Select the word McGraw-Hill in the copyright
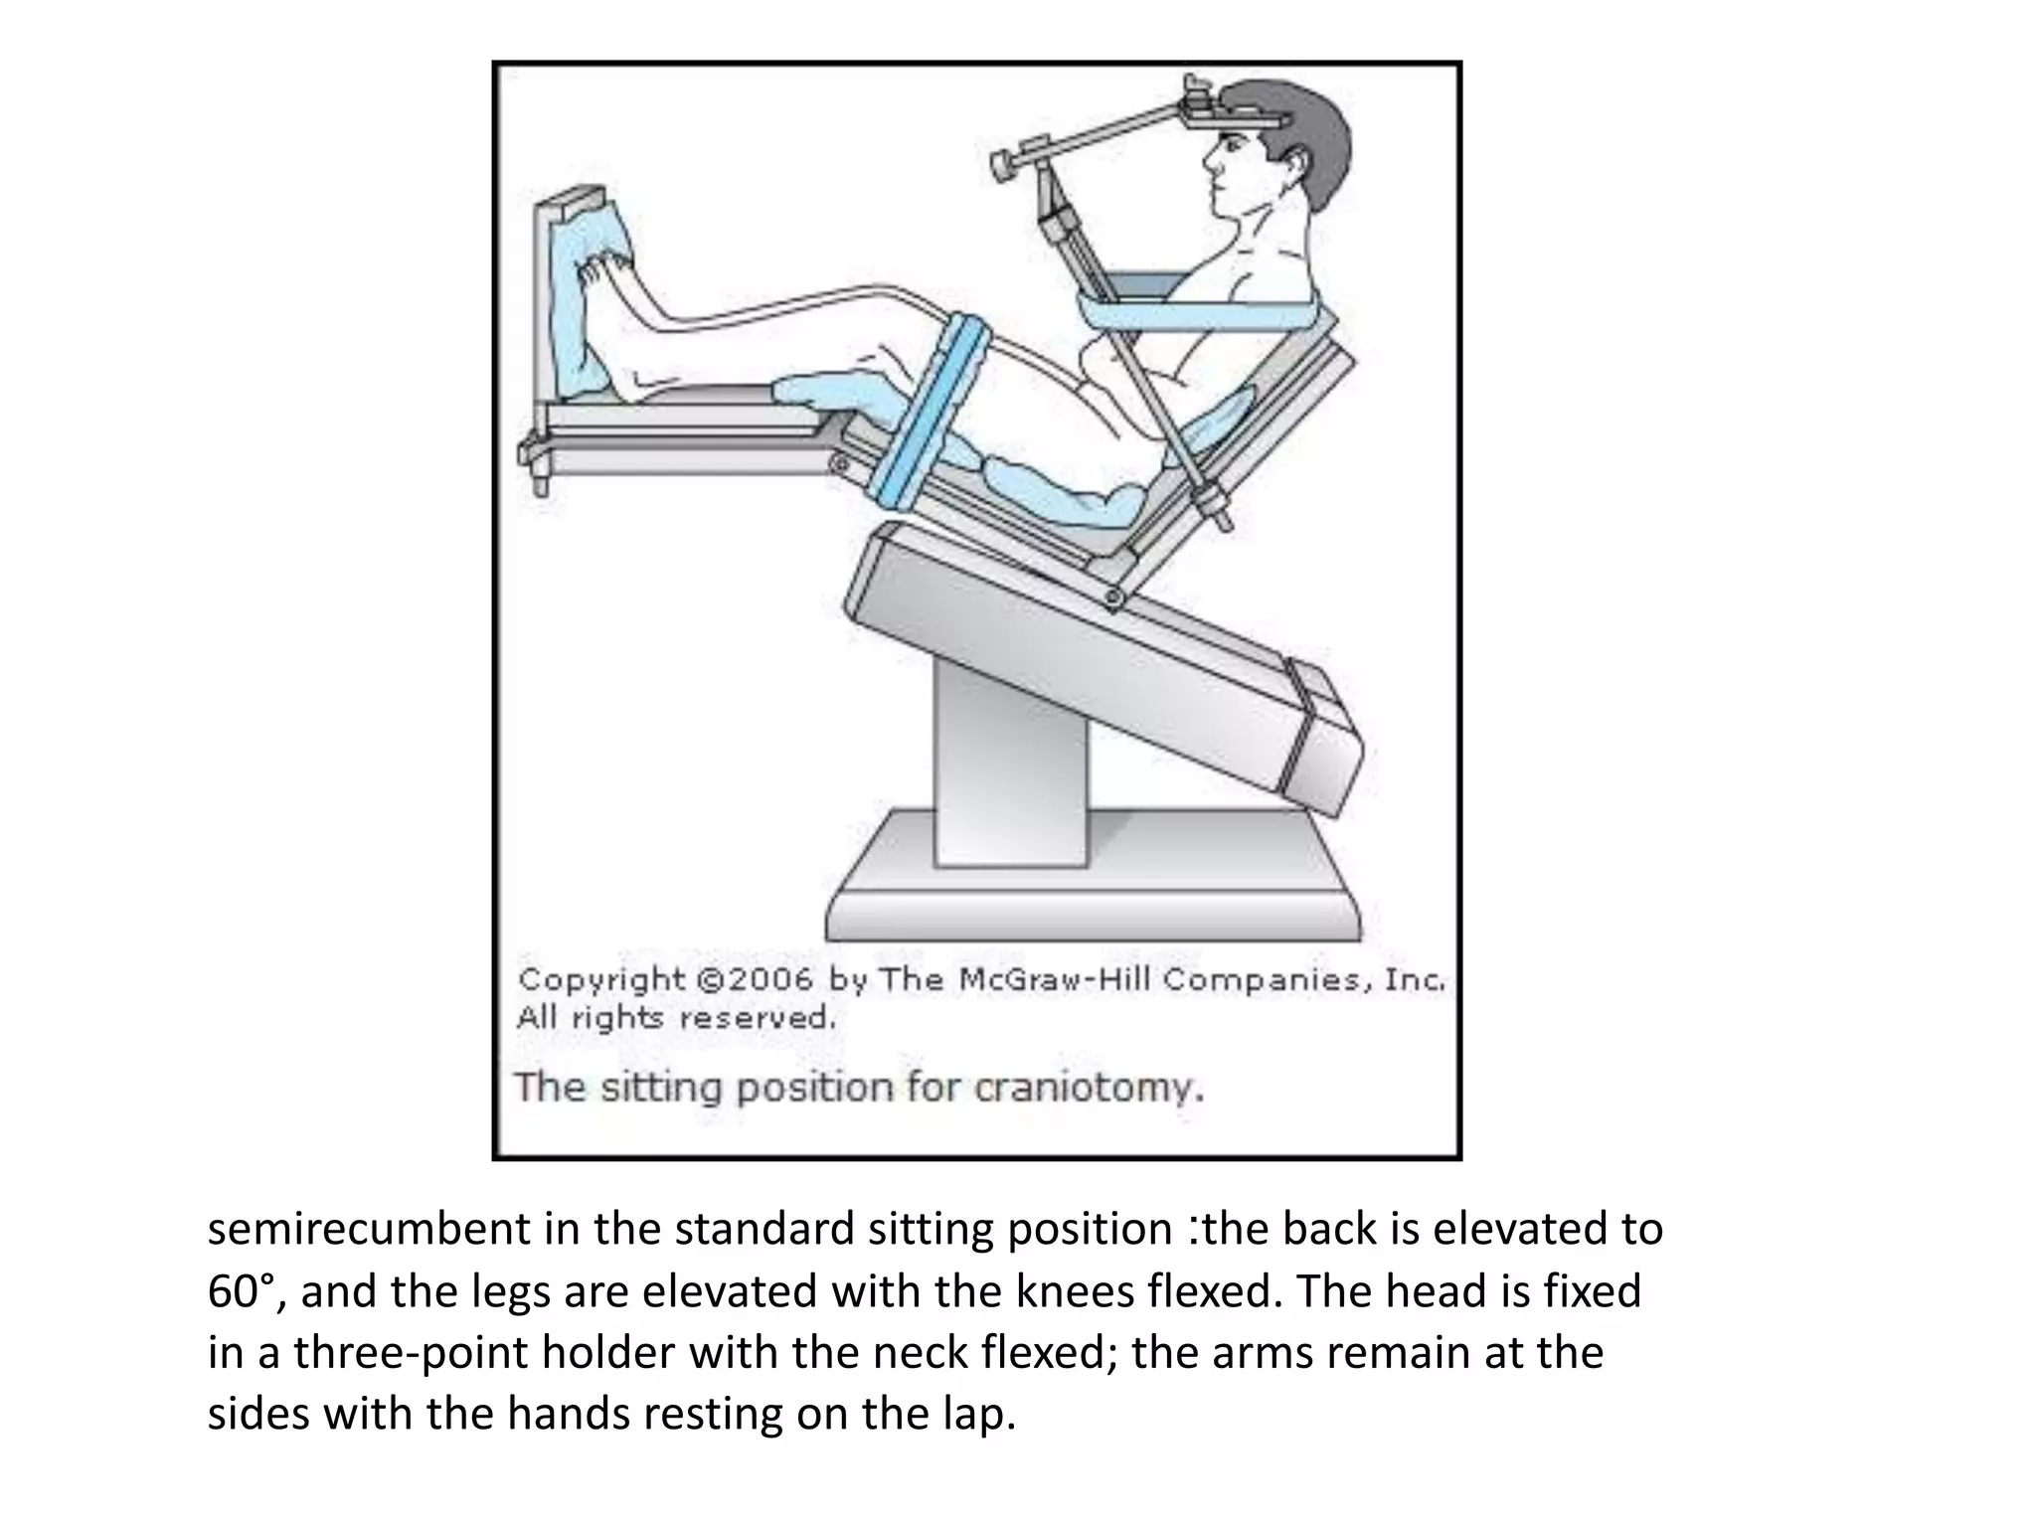(1055, 980)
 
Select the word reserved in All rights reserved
(758, 1019)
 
